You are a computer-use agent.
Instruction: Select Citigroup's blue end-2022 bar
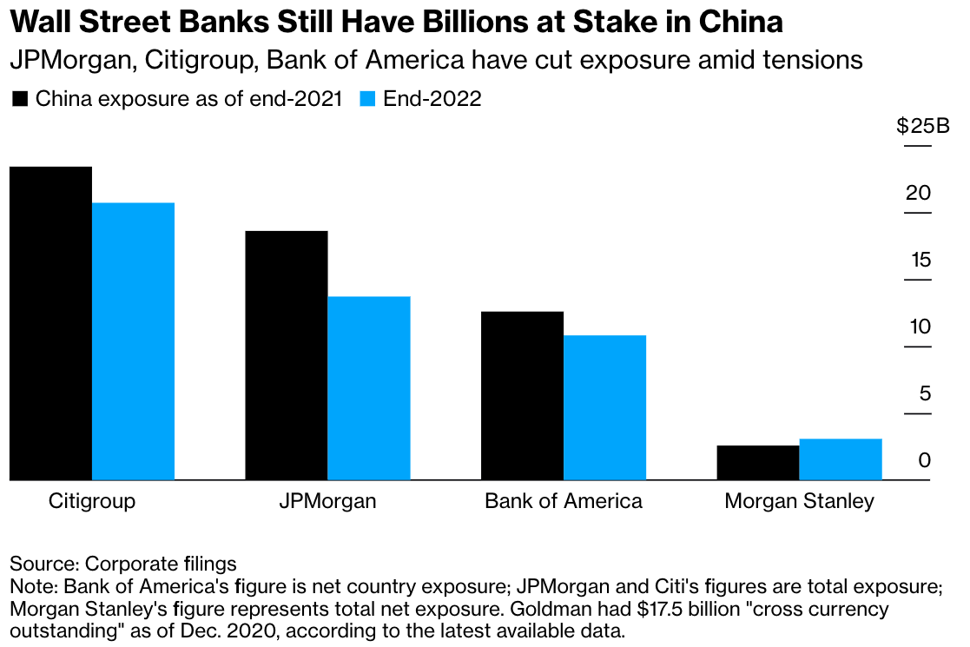(x=133, y=341)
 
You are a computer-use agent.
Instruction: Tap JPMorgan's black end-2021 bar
(x=287, y=355)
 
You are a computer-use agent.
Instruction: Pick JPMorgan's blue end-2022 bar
(x=369, y=388)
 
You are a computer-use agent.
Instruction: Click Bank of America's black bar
(x=522, y=395)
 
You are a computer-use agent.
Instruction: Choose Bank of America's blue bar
(x=604, y=407)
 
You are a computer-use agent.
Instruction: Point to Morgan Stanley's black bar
(x=757, y=463)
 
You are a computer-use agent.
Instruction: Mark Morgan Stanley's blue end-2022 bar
(x=840, y=459)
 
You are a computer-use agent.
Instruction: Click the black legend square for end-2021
(x=20, y=99)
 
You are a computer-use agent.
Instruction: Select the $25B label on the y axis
(x=923, y=127)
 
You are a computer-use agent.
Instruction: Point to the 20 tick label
(x=918, y=193)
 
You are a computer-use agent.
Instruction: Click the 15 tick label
(x=918, y=260)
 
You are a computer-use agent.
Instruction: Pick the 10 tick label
(x=918, y=327)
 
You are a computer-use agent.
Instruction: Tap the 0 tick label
(x=925, y=460)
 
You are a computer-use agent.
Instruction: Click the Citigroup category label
(x=92, y=501)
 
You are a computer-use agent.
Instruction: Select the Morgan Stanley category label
(x=799, y=501)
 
